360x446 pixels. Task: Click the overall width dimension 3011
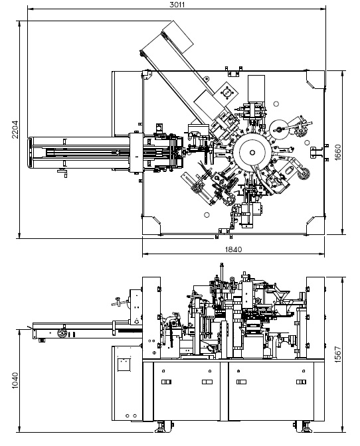[177, 5]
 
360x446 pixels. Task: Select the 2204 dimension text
[15, 129]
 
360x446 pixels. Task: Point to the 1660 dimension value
[337, 153]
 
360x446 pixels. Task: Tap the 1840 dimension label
[233, 250]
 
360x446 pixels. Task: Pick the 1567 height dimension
[337, 354]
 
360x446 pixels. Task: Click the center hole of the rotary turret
[252, 153]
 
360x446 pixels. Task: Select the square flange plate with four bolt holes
[226, 92]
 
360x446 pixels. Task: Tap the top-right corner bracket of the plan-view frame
[315, 80]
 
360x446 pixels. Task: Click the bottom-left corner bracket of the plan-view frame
[151, 226]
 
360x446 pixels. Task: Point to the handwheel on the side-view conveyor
[62, 333]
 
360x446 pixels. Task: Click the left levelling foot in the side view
[163, 427]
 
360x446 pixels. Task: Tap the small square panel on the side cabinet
[124, 364]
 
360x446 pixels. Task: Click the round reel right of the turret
[278, 129]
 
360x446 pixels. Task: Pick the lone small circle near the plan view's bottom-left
[207, 215]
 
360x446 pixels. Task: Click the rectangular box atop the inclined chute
[178, 37]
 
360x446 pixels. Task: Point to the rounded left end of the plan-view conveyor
[30, 153]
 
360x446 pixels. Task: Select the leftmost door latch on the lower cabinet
[166, 382]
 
